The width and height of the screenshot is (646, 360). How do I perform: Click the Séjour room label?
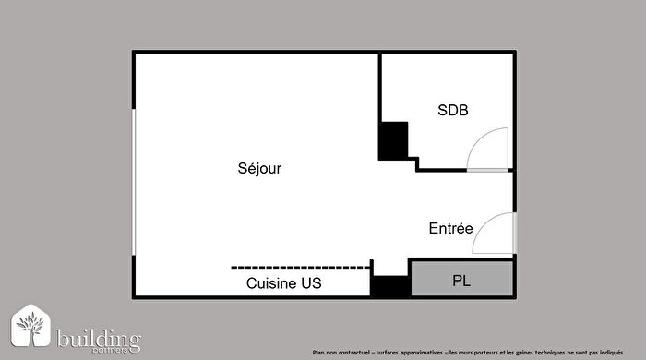click(x=259, y=169)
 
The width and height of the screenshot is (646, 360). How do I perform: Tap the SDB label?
click(x=452, y=111)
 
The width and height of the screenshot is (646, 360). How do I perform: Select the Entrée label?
click(x=451, y=228)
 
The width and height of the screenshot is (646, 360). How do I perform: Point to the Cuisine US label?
click(x=284, y=284)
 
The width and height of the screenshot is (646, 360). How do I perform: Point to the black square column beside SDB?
click(x=394, y=140)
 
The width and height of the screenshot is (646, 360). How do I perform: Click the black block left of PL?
click(x=389, y=286)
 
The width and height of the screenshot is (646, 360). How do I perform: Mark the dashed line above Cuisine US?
click(x=300, y=267)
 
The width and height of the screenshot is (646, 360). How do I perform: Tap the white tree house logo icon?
click(x=31, y=329)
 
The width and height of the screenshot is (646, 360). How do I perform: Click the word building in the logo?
click(x=98, y=338)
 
